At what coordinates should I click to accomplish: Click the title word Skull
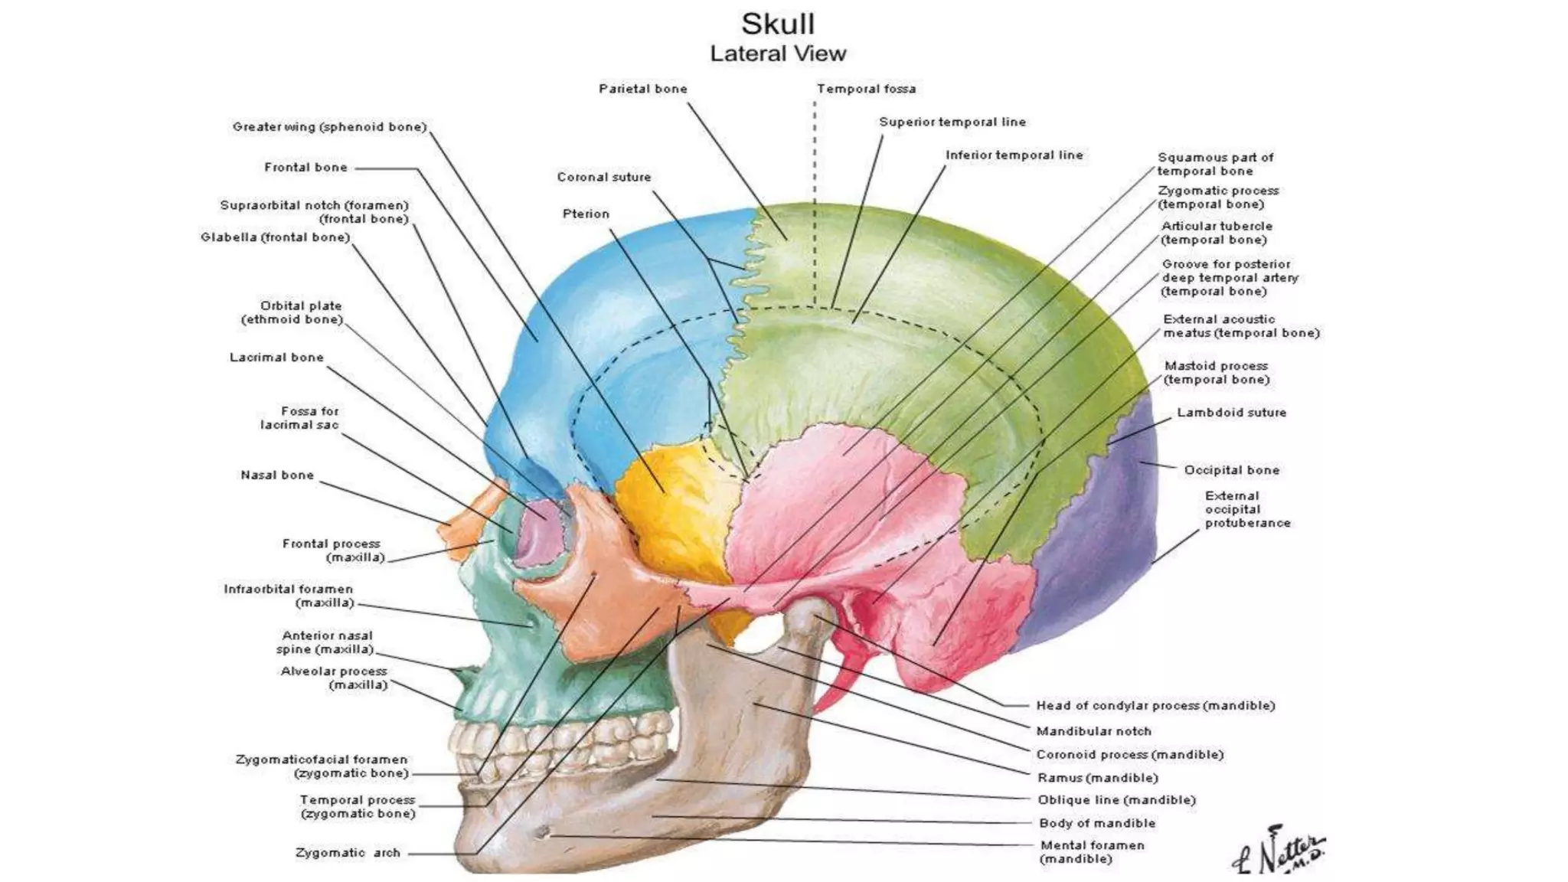click(777, 24)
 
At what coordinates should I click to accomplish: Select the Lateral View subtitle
click(778, 54)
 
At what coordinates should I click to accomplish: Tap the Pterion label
click(586, 214)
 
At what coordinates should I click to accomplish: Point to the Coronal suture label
click(603, 177)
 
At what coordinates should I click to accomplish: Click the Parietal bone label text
click(642, 89)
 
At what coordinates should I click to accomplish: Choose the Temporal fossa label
click(866, 89)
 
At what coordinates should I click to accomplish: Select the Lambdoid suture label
click(1231, 412)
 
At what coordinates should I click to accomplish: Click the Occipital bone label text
click(1231, 469)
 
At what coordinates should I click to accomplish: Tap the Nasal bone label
click(277, 475)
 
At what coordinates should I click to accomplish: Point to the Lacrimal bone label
click(276, 357)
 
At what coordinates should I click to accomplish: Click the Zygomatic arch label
click(348, 852)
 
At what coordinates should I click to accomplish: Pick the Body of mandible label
click(1096, 823)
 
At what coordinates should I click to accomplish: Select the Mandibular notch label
click(1093, 731)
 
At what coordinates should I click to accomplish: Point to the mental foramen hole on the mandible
click(544, 834)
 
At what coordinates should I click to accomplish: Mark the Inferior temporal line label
click(1014, 155)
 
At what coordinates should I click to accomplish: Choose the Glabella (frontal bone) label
click(275, 237)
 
